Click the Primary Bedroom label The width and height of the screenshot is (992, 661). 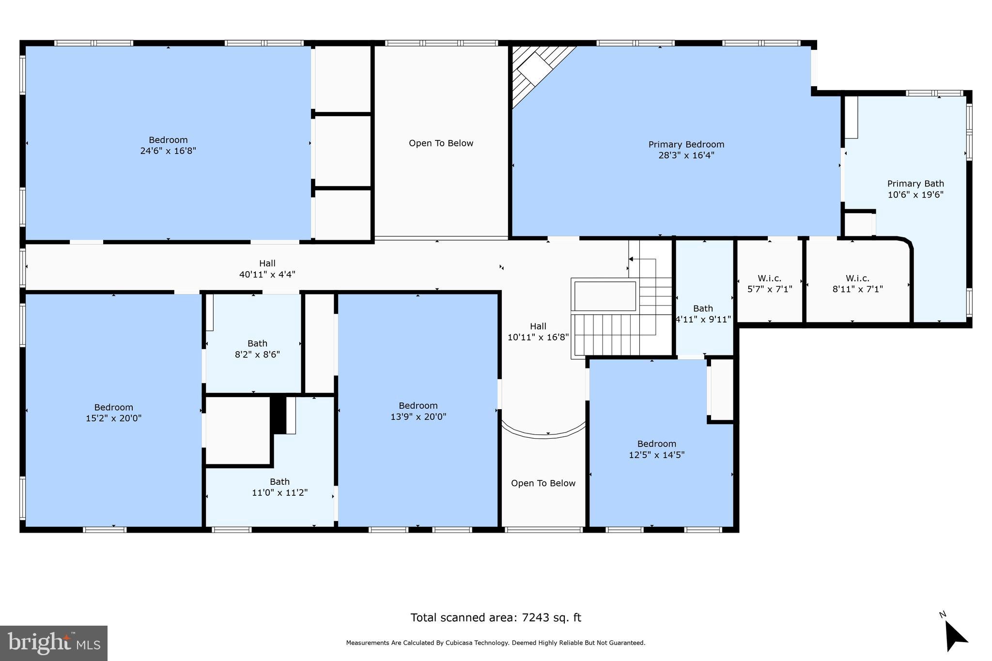[x=686, y=144]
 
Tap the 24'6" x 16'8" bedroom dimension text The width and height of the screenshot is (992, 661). [x=168, y=151]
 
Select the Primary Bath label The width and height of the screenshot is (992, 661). [x=915, y=184]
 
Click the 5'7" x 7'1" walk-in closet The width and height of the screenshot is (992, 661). [x=769, y=284]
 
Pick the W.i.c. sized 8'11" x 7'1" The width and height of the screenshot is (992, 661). [x=857, y=284]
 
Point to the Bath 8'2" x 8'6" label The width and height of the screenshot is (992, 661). [x=257, y=349]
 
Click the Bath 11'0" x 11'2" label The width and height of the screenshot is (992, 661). [x=279, y=487]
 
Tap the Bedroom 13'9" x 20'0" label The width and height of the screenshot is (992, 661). [x=418, y=411]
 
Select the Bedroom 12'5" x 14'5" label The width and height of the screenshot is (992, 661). [x=656, y=449]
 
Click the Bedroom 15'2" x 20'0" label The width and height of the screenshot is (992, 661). [x=113, y=413]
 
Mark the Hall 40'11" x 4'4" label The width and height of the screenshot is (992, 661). [x=267, y=269]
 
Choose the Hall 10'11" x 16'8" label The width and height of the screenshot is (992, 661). [x=538, y=332]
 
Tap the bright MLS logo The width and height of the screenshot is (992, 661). [x=54, y=643]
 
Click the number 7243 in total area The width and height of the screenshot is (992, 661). [x=535, y=617]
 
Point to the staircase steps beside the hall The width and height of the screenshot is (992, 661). [x=613, y=334]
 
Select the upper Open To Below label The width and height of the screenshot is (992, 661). [x=441, y=143]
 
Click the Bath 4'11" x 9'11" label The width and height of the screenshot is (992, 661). [x=703, y=314]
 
